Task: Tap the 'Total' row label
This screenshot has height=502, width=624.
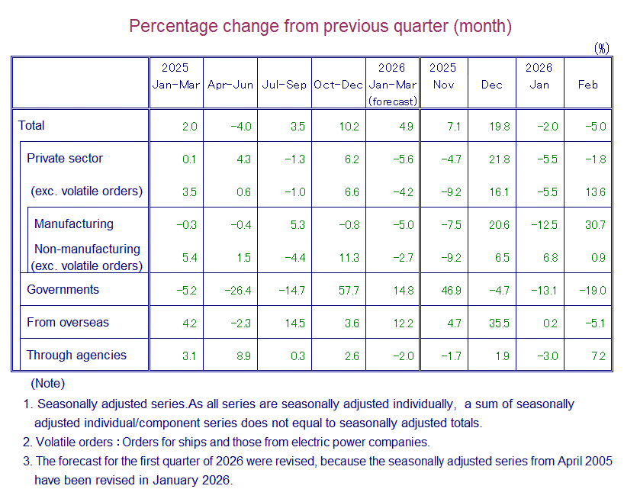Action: pos(32,126)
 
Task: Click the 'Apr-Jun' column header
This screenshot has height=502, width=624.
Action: pos(230,85)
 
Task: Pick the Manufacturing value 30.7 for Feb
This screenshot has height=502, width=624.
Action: pos(593,224)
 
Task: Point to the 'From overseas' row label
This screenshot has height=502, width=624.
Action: pos(68,323)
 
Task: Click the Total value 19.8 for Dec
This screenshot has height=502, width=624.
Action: pos(499,127)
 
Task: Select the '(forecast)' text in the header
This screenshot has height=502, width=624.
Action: pos(393,101)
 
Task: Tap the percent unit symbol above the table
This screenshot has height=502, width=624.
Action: pos(602,48)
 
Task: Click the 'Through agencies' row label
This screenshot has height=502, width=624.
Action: pos(76,356)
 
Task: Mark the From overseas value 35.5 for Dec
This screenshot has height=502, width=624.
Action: pos(499,323)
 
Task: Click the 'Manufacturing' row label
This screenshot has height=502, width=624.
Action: pos(73,224)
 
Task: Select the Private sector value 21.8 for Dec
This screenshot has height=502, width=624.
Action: pos(499,159)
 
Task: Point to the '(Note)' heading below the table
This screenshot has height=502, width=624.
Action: pos(47,383)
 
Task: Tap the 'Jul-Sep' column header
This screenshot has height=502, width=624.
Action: pos(284,85)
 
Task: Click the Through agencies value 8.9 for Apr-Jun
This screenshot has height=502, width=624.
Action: pos(244,356)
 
